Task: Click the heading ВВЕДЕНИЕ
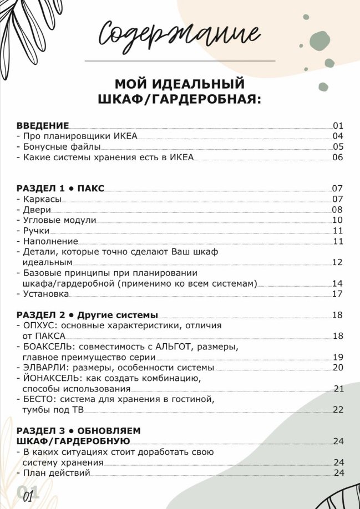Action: coord(43,125)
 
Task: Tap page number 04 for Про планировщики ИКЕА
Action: coord(338,136)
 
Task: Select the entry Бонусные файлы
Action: coord(62,147)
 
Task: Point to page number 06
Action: coord(338,157)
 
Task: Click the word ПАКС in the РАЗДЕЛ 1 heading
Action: coord(91,188)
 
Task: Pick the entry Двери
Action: coord(37,210)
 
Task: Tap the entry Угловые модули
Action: coord(59,220)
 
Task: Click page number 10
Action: coord(338,220)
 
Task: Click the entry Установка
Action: coord(46,294)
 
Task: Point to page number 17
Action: coord(338,294)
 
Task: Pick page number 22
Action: coord(338,410)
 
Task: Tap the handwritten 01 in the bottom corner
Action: coord(28,495)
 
